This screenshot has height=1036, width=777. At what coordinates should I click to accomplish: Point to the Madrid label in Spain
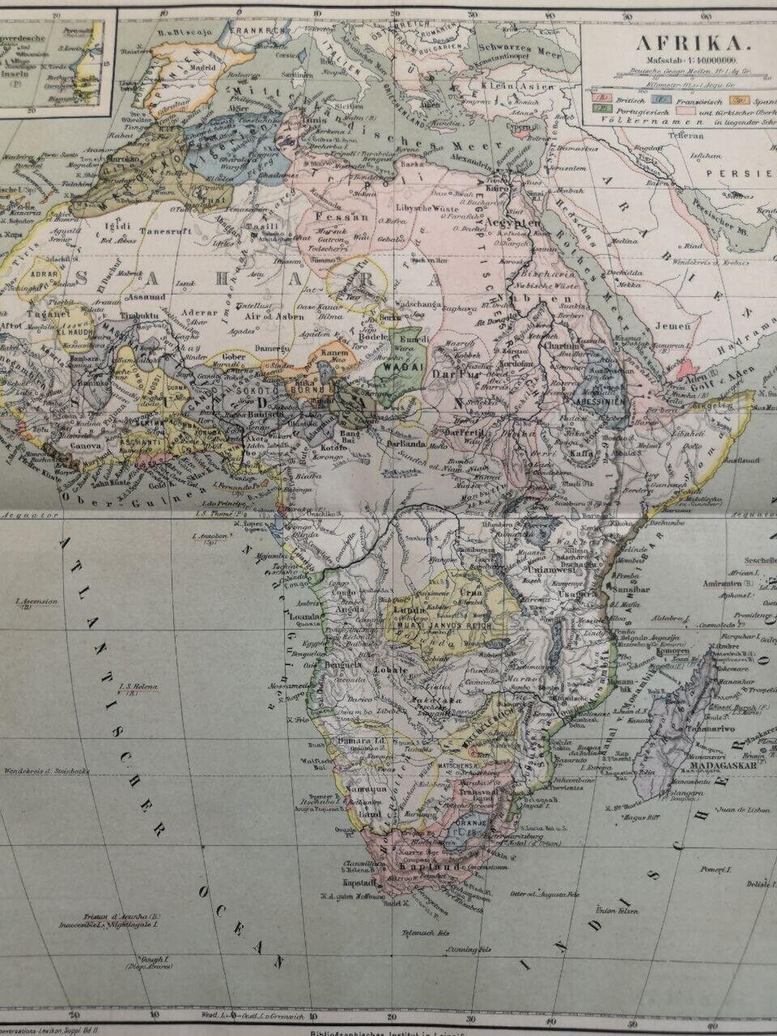pyautogui.click(x=203, y=68)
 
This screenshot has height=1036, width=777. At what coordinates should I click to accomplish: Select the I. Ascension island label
pyautogui.click(x=37, y=601)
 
